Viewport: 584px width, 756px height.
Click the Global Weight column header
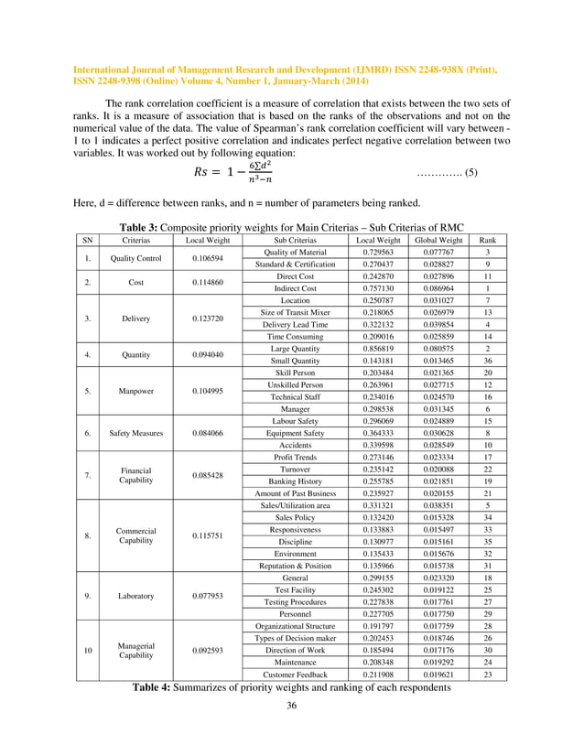[437, 241]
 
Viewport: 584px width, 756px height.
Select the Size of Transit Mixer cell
[295, 338]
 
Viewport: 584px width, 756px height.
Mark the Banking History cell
[295, 505]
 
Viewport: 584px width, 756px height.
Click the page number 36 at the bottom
[291, 730]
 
